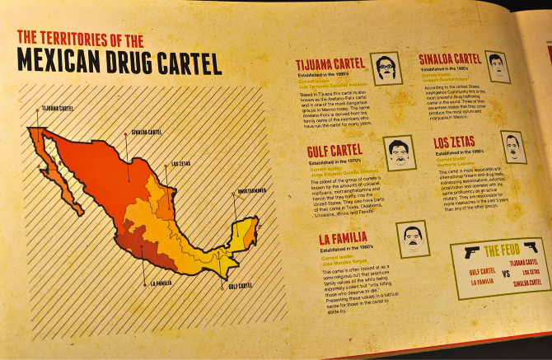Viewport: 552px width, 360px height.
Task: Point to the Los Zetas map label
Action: (181, 162)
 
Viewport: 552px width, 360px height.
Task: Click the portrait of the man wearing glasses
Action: (386, 67)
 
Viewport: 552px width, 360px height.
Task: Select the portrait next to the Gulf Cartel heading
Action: (399, 152)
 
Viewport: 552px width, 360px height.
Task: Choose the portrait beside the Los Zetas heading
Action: (512, 147)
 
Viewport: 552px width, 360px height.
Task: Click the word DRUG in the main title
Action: (131, 63)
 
